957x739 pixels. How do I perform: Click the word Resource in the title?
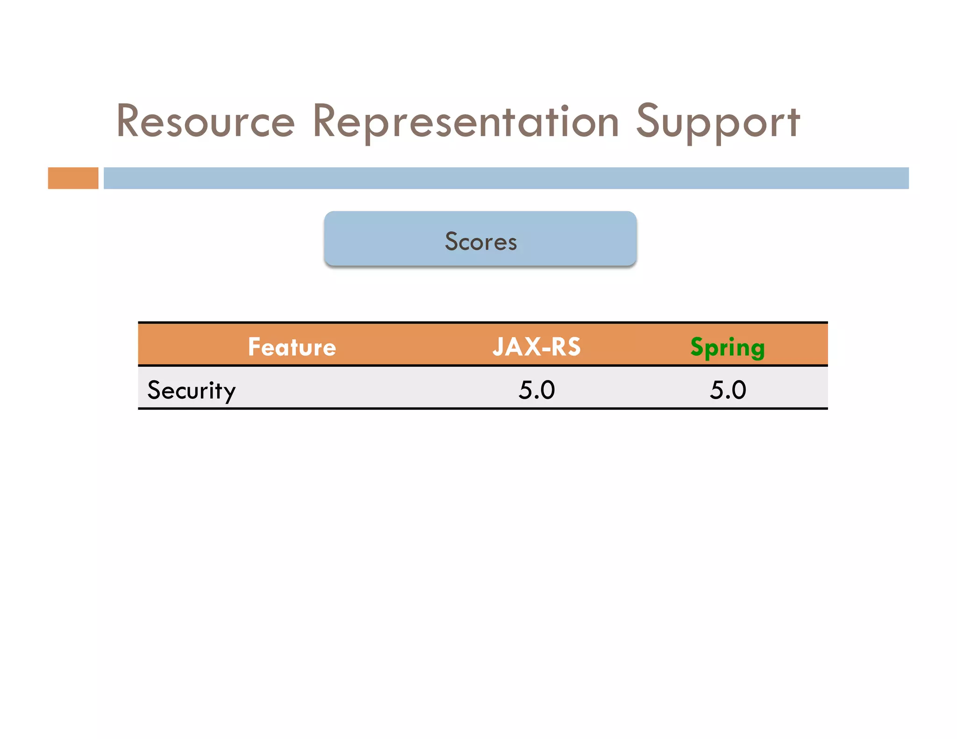(x=206, y=121)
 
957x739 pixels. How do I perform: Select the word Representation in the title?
(x=465, y=121)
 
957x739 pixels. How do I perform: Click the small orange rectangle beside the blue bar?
(x=73, y=178)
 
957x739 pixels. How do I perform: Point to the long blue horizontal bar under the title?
(x=506, y=178)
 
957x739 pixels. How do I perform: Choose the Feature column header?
(x=292, y=347)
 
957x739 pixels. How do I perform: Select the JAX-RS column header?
(x=536, y=347)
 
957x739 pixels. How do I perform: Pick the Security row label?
(x=191, y=391)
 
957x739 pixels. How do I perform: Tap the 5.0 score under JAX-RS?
(x=536, y=390)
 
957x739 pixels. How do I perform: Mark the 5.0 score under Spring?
(x=728, y=390)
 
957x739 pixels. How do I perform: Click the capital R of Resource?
(x=128, y=121)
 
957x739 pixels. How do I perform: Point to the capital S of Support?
(x=650, y=121)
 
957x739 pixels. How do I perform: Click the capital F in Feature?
(x=254, y=347)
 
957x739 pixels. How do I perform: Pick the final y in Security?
(x=229, y=393)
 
